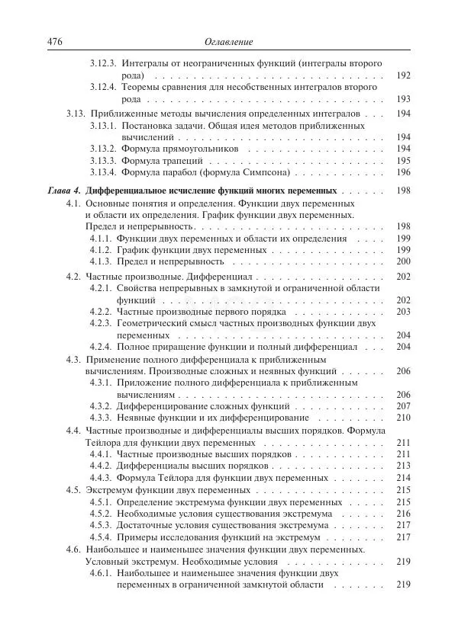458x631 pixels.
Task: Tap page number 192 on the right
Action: [x=404, y=76]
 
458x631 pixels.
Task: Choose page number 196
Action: [x=404, y=172]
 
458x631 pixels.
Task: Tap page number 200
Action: [x=404, y=261]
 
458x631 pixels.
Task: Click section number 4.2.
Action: [x=74, y=276]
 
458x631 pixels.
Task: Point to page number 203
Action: [x=404, y=312]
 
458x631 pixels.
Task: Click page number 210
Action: [x=404, y=418]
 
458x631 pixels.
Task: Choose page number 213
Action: [x=404, y=466]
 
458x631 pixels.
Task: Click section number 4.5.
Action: [x=74, y=490]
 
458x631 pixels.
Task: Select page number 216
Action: [x=404, y=514]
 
